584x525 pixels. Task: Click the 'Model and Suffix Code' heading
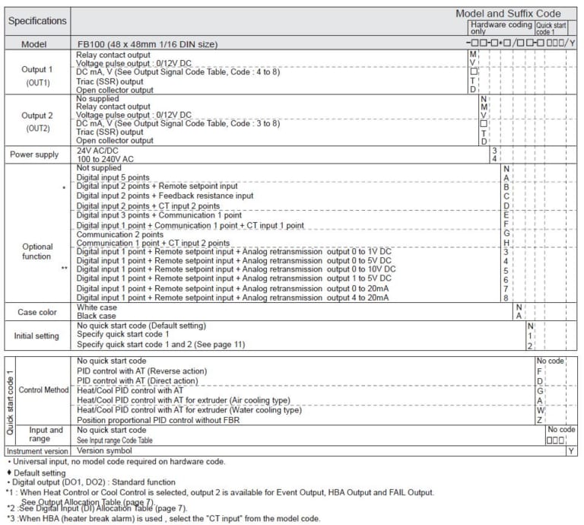(508, 14)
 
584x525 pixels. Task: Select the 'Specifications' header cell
(37, 21)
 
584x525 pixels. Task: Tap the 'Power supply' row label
(34, 154)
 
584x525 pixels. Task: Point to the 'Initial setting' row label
(37, 336)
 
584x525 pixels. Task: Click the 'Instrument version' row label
(36, 450)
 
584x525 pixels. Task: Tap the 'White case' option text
(97, 307)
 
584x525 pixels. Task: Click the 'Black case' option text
(97, 315)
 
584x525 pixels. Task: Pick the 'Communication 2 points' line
(120, 234)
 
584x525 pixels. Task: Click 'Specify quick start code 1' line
(123, 335)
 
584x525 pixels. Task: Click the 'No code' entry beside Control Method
(550, 361)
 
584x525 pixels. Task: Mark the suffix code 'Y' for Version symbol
(571, 450)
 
